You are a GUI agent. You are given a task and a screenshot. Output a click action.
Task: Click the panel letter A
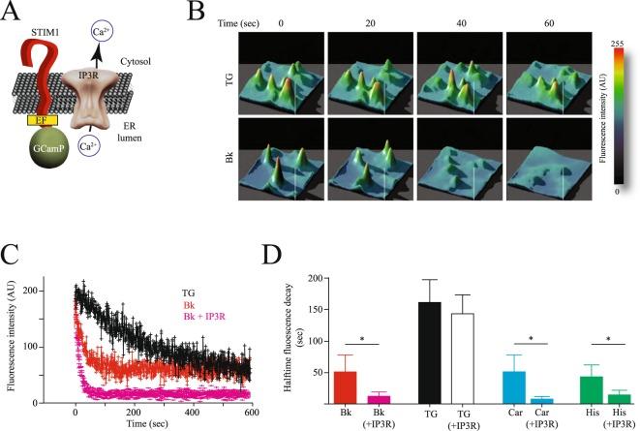[13, 14]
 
